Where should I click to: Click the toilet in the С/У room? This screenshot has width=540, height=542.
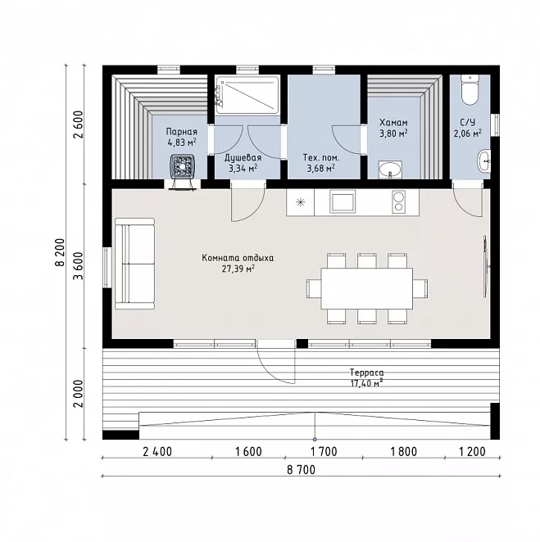(x=470, y=90)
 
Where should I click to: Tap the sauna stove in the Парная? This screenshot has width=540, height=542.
(x=183, y=168)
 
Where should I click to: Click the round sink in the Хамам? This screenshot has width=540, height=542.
(x=390, y=169)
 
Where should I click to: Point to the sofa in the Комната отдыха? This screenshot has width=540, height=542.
(x=135, y=264)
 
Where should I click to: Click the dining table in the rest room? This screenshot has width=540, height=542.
(x=366, y=289)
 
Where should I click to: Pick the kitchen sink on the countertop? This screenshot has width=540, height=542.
(x=343, y=201)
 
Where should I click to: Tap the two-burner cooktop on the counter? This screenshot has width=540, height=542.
(x=398, y=201)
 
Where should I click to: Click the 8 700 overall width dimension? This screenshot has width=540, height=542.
(x=301, y=470)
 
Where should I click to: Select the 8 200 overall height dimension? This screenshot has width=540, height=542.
(x=60, y=252)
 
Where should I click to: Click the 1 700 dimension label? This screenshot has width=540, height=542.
(x=324, y=451)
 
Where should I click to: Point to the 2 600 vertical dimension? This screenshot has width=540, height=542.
(x=79, y=124)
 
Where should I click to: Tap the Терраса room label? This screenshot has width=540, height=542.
(x=366, y=373)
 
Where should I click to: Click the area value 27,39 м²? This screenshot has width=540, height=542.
(x=238, y=269)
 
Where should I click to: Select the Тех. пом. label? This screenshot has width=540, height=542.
(x=321, y=158)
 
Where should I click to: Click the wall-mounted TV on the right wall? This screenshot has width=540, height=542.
(x=486, y=266)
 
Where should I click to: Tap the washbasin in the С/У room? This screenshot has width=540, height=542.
(x=484, y=160)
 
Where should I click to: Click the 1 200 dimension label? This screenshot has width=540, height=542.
(x=472, y=451)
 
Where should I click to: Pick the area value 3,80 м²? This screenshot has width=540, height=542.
(x=393, y=133)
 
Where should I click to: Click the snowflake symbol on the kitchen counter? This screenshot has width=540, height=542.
(x=300, y=202)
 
